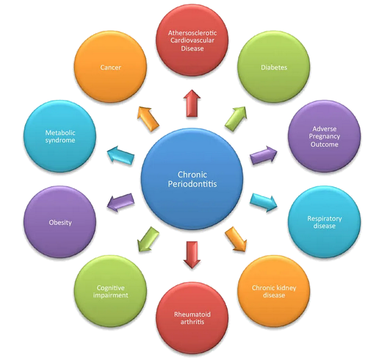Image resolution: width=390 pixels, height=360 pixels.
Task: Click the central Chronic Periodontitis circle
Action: coord(192,179)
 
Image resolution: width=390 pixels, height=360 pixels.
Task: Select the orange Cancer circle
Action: coord(110,67)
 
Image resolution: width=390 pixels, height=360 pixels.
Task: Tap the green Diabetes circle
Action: coord(274,67)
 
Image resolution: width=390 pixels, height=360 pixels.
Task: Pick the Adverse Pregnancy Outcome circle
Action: coord(325,136)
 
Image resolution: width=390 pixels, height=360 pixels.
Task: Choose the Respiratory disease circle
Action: coord(325,222)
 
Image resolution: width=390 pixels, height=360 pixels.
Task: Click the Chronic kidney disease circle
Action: coord(274,291)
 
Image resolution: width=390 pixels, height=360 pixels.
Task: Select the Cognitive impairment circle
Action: coord(110,291)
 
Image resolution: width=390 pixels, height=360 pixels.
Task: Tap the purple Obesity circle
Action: coord(60,222)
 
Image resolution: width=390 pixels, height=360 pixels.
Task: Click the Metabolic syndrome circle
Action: coord(60,136)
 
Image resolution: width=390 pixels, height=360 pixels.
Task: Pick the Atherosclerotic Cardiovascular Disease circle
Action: coord(192,40)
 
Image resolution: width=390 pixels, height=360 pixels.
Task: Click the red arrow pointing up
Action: coord(192,103)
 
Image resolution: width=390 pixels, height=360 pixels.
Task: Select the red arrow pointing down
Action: coord(192,255)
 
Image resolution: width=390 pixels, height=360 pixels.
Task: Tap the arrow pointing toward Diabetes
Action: coord(236,118)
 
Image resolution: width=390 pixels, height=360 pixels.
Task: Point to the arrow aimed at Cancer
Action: coord(148,118)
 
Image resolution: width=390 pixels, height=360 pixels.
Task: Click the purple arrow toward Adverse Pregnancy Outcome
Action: coord(263,155)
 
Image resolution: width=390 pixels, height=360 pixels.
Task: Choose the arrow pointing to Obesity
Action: coord(121,202)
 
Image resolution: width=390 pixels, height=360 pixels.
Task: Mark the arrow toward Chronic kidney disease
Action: coord(236,239)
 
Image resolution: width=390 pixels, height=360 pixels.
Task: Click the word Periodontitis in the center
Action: coord(192,184)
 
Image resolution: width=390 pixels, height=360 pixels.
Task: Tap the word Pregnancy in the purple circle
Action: coord(325,136)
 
